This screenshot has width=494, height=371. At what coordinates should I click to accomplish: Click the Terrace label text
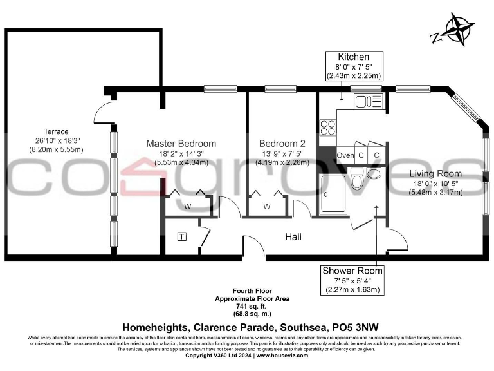(x=56, y=131)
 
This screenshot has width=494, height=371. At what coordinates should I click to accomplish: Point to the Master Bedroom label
(x=181, y=143)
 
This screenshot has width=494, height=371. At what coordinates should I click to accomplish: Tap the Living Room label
(x=435, y=174)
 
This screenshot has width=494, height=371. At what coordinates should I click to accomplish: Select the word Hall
(x=293, y=238)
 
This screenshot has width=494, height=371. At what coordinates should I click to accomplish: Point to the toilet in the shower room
(x=358, y=180)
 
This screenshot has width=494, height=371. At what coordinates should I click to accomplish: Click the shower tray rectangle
(x=334, y=194)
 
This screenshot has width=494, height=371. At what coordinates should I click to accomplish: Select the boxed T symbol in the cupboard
(x=183, y=236)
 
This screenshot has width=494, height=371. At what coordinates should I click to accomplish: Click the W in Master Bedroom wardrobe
(x=188, y=207)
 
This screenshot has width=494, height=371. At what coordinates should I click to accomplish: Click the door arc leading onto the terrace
(x=102, y=113)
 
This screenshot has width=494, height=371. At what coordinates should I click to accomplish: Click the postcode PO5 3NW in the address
(x=348, y=327)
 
